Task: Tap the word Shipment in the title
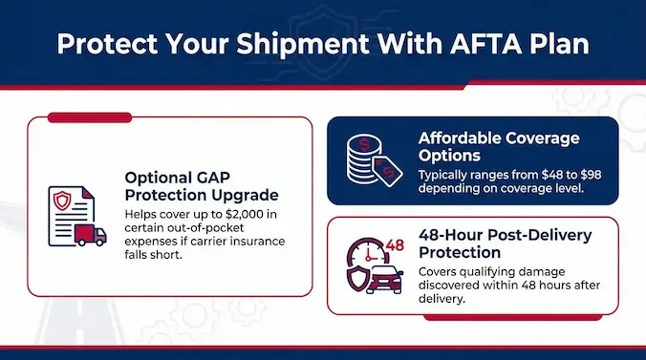pos(303,45)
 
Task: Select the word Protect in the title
pos(107,44)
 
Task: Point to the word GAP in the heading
pos(213,178)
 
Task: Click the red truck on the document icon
pos(90,235)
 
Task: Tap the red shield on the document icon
pos(62,201)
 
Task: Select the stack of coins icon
pos(364,159)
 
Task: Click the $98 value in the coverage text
pos(592,175)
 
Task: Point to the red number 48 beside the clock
pos(395,245)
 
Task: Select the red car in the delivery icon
pos(384,279)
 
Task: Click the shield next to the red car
pos(356,279)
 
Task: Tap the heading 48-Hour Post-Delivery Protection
pos(506,244)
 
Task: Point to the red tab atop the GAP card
pos(90,117)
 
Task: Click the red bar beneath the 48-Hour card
pos(513,318)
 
